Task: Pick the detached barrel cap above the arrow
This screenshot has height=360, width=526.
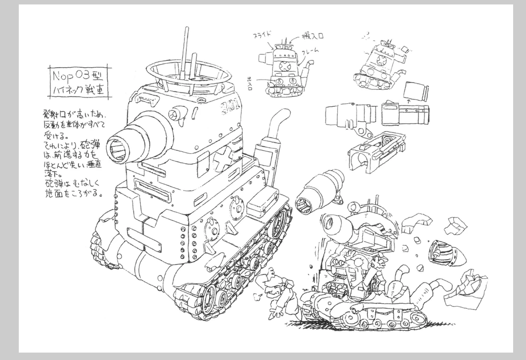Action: pyautogui.click(x=415, y=90)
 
